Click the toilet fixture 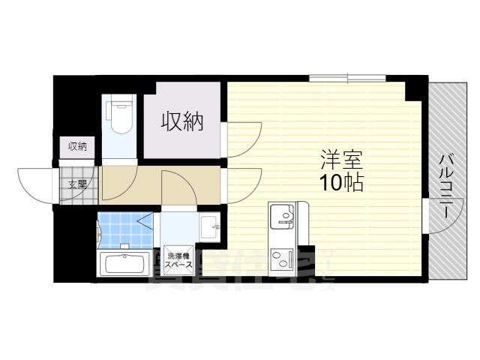(x=119, y=116)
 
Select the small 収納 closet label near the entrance (x=77, y=147)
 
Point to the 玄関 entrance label (x=77, y=184)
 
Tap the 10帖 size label (x=342, y=182)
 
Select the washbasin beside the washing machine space (x=211, y=224)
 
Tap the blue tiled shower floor (x=120, y=229)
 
